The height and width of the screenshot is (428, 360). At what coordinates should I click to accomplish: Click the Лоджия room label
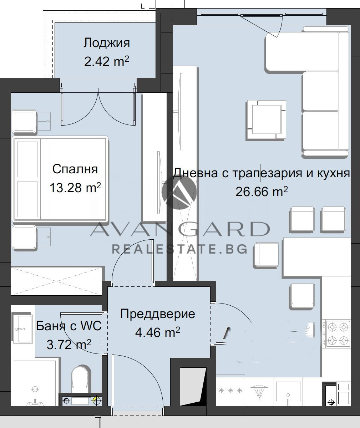pos(106,43)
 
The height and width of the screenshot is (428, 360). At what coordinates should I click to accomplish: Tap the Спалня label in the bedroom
pos(75,169)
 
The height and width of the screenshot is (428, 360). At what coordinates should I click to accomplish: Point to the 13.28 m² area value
pos(75,188)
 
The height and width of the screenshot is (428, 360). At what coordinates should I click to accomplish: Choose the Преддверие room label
pos(157,314)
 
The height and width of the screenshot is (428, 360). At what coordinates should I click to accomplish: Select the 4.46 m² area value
pos(157,332)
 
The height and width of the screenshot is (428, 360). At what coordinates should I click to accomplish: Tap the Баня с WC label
pos(69,326)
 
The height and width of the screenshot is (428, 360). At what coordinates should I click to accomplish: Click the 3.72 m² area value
pos(69,344)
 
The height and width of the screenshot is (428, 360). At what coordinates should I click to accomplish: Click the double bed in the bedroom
pos(60,179)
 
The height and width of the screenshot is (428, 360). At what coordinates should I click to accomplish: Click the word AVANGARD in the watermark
pos(179,229)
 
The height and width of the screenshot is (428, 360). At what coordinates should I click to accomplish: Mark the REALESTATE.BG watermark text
pos(179,249)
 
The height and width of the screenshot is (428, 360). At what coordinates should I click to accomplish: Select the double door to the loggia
pos(98,107)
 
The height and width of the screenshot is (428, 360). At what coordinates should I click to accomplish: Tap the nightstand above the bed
pos(24,121)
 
